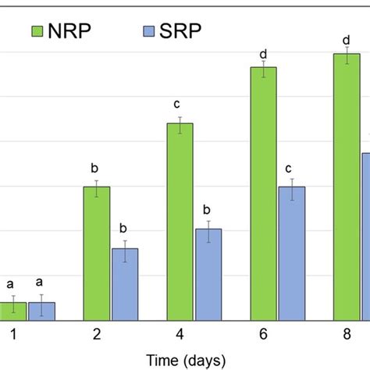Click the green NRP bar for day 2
[96, 254]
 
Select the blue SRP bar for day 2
[125, 284]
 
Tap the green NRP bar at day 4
[180, 222]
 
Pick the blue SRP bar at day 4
[208, 274]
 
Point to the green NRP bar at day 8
[347, 187]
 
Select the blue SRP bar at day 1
[41, 311]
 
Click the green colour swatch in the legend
[38, 31]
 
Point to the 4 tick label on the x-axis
[180, 335]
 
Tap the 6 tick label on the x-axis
[263, 335]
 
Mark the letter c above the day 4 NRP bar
[180, 105]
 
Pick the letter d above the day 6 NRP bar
[263, 48]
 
